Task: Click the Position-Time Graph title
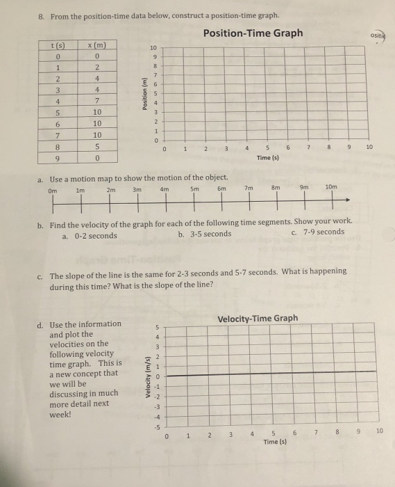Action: tap(253, 33)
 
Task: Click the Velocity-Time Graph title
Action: tap(258, 319)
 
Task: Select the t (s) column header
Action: tap(59, 45)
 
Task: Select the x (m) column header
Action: tap(98, 45)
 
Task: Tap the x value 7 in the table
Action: tap(98, 102)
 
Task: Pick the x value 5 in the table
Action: tap(98, 147)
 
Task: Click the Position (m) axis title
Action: tap(145, 92)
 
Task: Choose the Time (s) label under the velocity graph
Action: tap(274, 441)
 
